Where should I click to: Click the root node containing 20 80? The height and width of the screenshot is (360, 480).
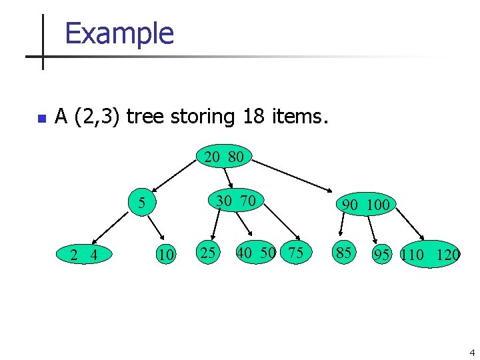click(224, 157)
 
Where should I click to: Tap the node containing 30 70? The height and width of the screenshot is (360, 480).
click(236, 200)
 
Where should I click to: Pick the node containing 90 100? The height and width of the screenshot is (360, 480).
click(365, 204)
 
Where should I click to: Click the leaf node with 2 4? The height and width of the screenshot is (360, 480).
click(85, 254)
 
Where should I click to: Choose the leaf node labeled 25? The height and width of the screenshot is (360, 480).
click(208, 252)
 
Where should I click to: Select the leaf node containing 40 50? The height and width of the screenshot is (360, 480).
click(256, 252)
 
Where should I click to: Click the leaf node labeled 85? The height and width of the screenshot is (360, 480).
click(344, 253)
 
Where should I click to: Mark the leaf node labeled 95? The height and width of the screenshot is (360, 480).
click(382, 254)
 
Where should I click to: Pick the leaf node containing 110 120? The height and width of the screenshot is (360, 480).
click(431, 254)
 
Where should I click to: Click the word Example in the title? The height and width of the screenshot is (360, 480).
click(119, 33)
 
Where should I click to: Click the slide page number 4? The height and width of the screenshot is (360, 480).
click(471, 352)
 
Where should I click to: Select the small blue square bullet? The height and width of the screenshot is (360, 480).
click(41, 119)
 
